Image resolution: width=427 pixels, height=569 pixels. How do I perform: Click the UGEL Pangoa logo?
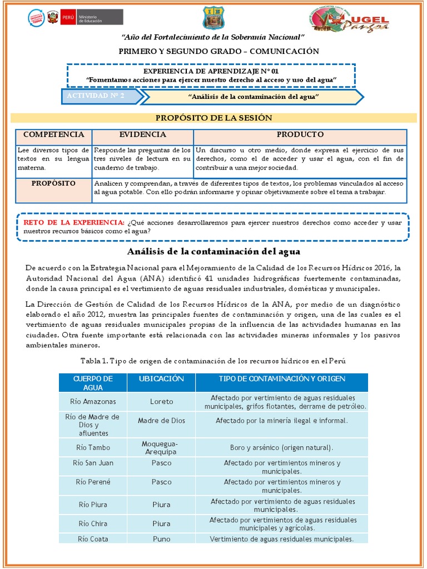point(349,19)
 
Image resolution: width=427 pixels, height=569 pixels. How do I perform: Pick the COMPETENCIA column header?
point(54,135)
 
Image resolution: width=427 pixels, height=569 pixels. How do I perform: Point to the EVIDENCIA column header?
point(142,135)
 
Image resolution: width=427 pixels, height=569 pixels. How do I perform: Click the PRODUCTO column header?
point(300,135)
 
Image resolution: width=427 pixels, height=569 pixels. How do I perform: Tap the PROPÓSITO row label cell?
point(54,183)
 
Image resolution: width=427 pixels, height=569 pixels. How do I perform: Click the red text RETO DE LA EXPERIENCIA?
point(74,222)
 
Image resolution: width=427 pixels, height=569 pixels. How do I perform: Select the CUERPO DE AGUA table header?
point(93,383)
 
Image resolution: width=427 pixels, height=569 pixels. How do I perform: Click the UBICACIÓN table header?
point(161,378)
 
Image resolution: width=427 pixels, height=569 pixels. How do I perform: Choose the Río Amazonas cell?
point(93,401)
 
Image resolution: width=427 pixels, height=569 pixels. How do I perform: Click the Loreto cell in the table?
point(161,401)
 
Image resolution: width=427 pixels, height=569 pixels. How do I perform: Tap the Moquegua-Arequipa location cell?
point(161,447)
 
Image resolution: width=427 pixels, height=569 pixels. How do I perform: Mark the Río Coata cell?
point(93,538)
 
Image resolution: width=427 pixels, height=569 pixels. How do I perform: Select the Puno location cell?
point(161,538)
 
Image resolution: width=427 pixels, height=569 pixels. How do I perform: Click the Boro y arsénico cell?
point(281,447)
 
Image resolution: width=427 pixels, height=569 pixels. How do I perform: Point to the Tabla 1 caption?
point(213,361)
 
